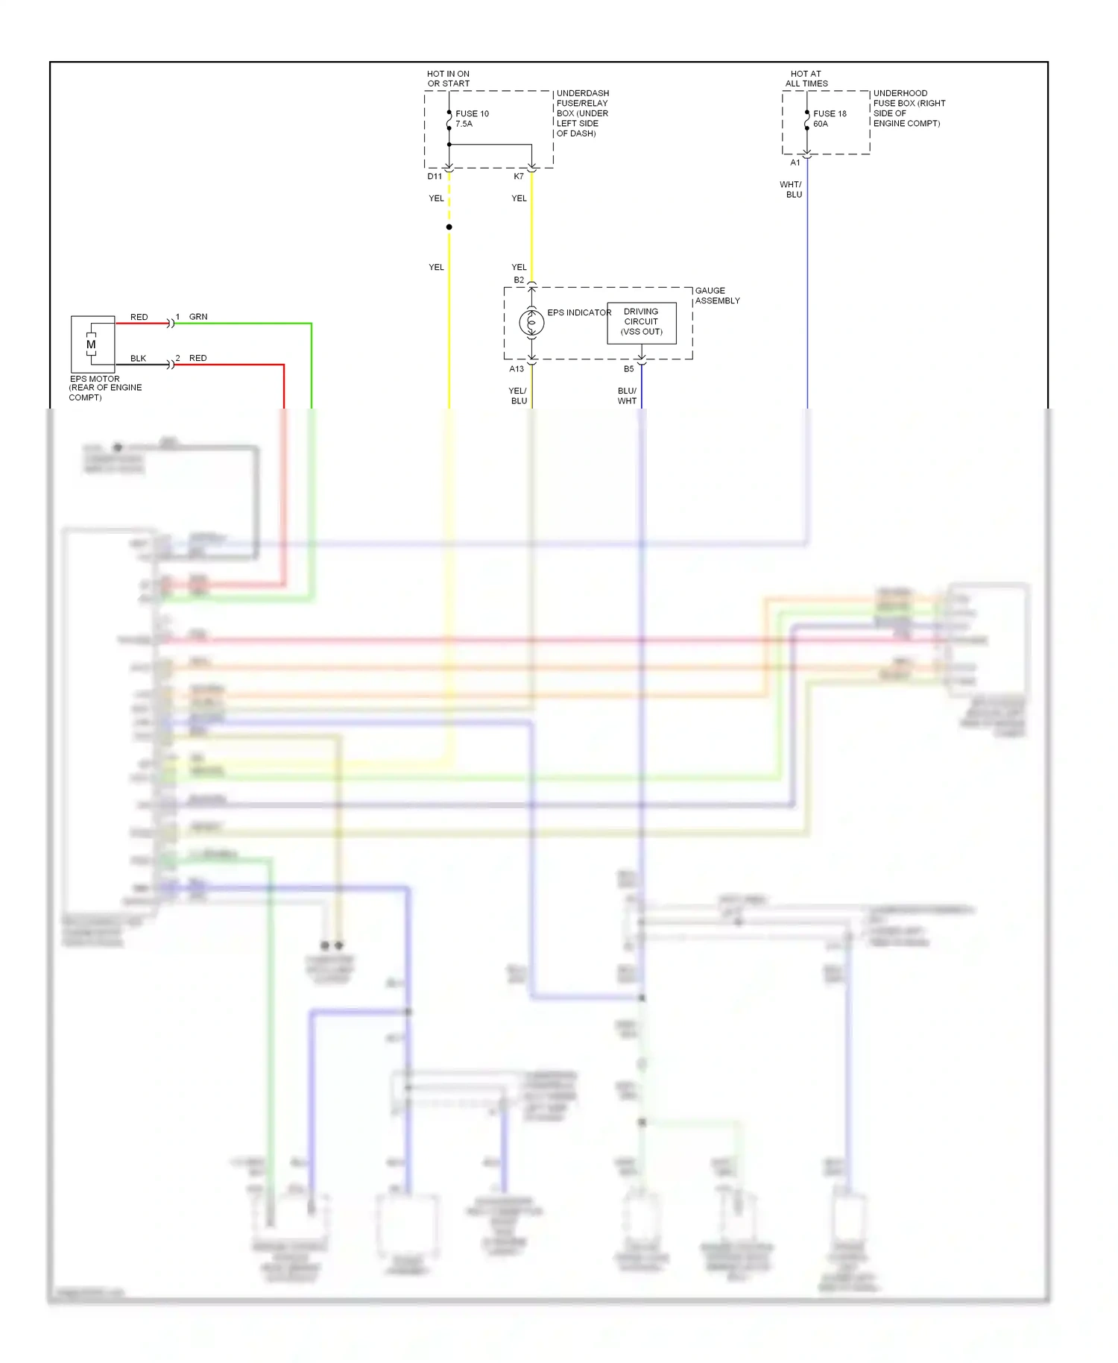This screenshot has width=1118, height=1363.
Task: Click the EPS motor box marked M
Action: (x=92, y=344)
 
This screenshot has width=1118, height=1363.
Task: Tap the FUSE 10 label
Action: (x=472, y=114)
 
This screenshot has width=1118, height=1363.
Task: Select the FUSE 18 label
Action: (x=830, y=114)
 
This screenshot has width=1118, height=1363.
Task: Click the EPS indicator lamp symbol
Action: (x=531, y=323)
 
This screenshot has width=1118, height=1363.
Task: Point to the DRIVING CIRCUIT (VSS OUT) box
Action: (x=641, y=322)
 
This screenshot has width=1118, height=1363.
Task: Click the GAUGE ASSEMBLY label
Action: (x=717, y=296)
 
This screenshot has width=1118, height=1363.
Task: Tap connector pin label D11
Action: (x=435, y=177)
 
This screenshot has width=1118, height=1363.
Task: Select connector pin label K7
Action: (x=519, y=177)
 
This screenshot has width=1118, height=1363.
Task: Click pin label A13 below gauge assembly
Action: (x=517, y=369)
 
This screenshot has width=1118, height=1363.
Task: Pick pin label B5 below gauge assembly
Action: (x=629, y=369)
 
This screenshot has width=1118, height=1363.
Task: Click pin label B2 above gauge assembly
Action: (x=519, y=280)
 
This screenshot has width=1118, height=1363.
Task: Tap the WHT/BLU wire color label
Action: (x=792, y=189)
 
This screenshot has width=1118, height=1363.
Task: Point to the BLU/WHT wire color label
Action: (x=627, y=396)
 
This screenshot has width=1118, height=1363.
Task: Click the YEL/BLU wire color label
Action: (x=518, y=396)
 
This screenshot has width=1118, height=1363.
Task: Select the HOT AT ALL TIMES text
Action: (x=806, y=79)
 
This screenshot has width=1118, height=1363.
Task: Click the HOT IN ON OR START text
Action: (x=449, y=79)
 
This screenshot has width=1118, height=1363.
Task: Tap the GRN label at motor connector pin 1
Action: (x=198, y=317)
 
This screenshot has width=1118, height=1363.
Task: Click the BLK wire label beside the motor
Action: (x=139, y=359)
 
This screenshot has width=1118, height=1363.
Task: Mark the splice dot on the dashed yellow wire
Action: (x=449, y=227)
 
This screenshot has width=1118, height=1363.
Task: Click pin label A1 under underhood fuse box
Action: (x=795, y=163)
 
